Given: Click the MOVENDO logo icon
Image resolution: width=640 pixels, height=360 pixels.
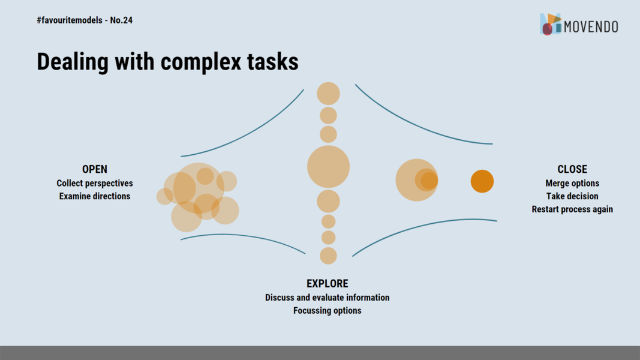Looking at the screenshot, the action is coord(551,24).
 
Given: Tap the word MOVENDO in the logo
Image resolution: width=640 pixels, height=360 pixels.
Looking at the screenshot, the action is coord(591,27).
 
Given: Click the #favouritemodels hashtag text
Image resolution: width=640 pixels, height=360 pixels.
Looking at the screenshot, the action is coord(70,20).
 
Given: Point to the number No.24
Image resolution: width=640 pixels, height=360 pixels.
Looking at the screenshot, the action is coord(121,20).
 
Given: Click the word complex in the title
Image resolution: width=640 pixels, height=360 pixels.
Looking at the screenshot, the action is coord(201,62).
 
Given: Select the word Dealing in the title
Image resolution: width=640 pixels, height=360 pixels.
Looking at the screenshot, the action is coord(73,62).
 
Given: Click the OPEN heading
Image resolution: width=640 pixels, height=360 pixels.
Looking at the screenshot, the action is coord(95,169).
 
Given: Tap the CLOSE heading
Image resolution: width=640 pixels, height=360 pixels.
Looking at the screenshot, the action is coord(572,169).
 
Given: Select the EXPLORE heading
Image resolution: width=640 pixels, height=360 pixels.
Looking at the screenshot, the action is coord(327,283).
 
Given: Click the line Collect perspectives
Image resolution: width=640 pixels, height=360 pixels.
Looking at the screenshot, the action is coord(95,183).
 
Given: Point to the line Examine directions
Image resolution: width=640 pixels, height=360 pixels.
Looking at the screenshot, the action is coord(95,196).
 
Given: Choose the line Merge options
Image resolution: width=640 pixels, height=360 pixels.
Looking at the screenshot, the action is coord(572,183).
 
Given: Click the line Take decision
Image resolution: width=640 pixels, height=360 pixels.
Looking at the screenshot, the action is coord(572,196).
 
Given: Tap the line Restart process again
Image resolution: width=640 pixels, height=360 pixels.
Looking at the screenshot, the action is coord(572,209).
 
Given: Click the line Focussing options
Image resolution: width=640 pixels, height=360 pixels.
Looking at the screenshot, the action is coord(327,311).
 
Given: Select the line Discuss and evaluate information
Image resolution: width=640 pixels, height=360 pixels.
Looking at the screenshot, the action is coord(327,298).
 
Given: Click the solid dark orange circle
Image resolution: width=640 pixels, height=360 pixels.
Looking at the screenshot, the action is coord(482,181).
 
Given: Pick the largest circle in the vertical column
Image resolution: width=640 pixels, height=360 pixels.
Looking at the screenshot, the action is coord(328,167).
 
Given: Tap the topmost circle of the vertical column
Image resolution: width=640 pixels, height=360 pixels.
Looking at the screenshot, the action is coord(328,94).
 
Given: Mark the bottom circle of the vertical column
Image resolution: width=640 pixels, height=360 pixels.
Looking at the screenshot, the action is coord(328,256).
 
